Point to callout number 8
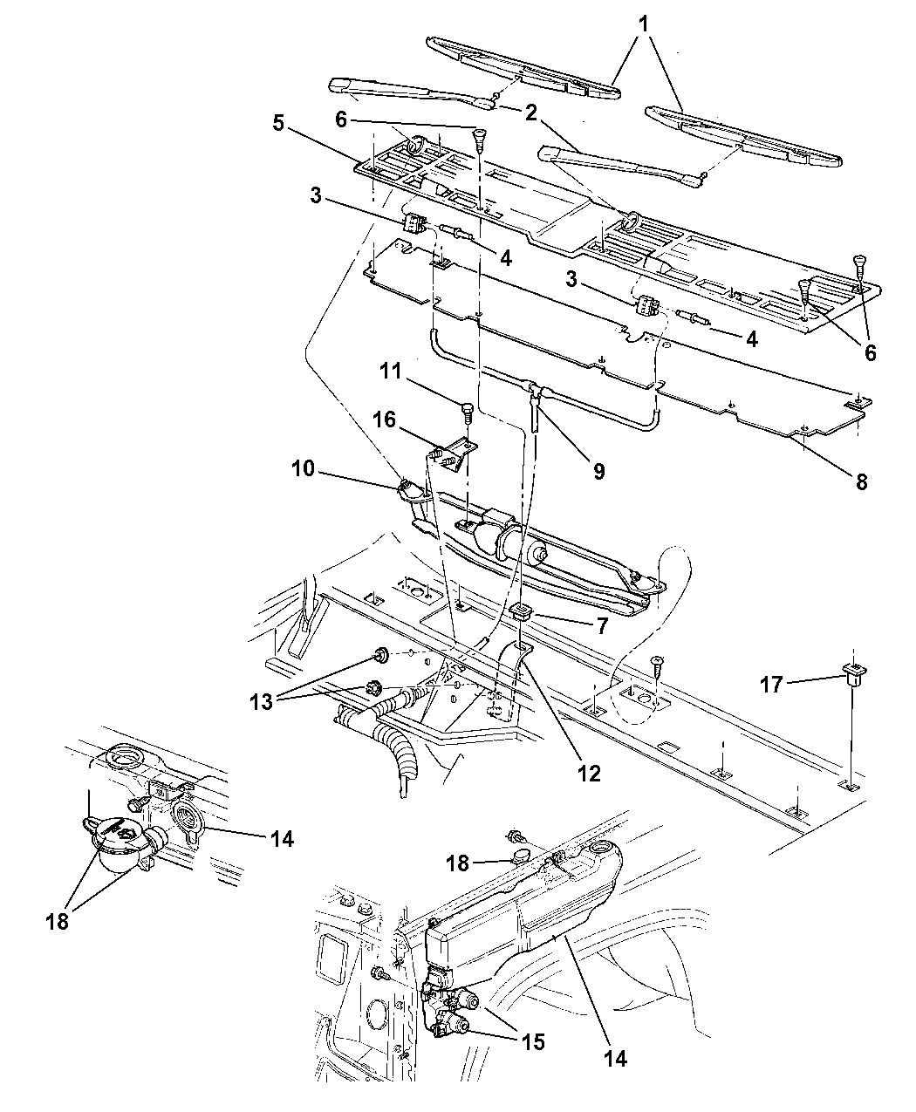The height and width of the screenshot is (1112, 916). point(861,481)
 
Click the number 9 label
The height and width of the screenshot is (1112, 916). point(599,471)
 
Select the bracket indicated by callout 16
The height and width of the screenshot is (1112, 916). point(455,454)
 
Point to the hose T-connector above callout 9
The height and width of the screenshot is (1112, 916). point(533,389)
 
